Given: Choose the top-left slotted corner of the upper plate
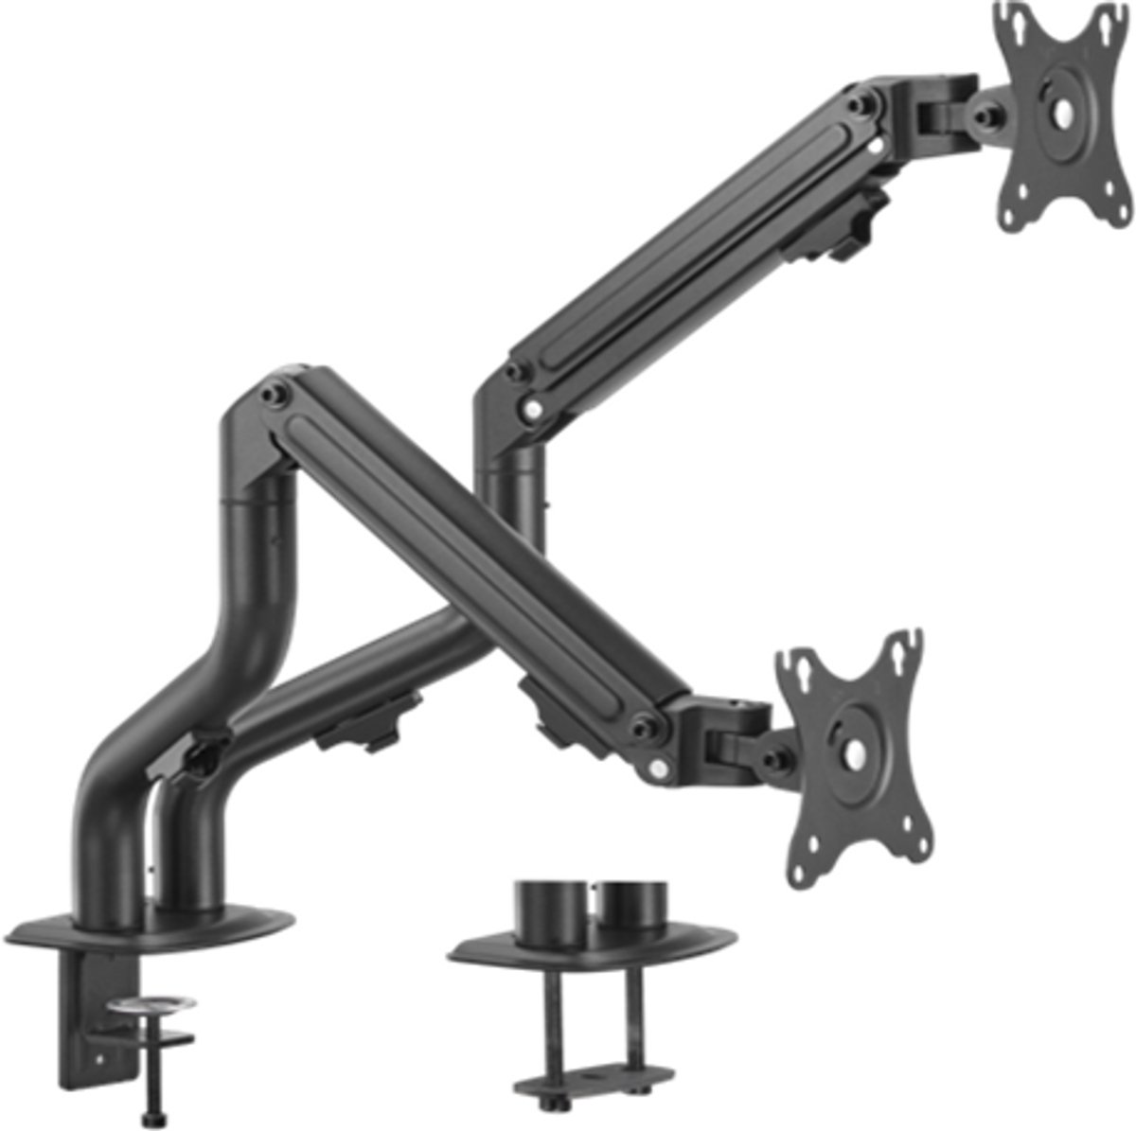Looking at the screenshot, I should (1006, 19).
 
